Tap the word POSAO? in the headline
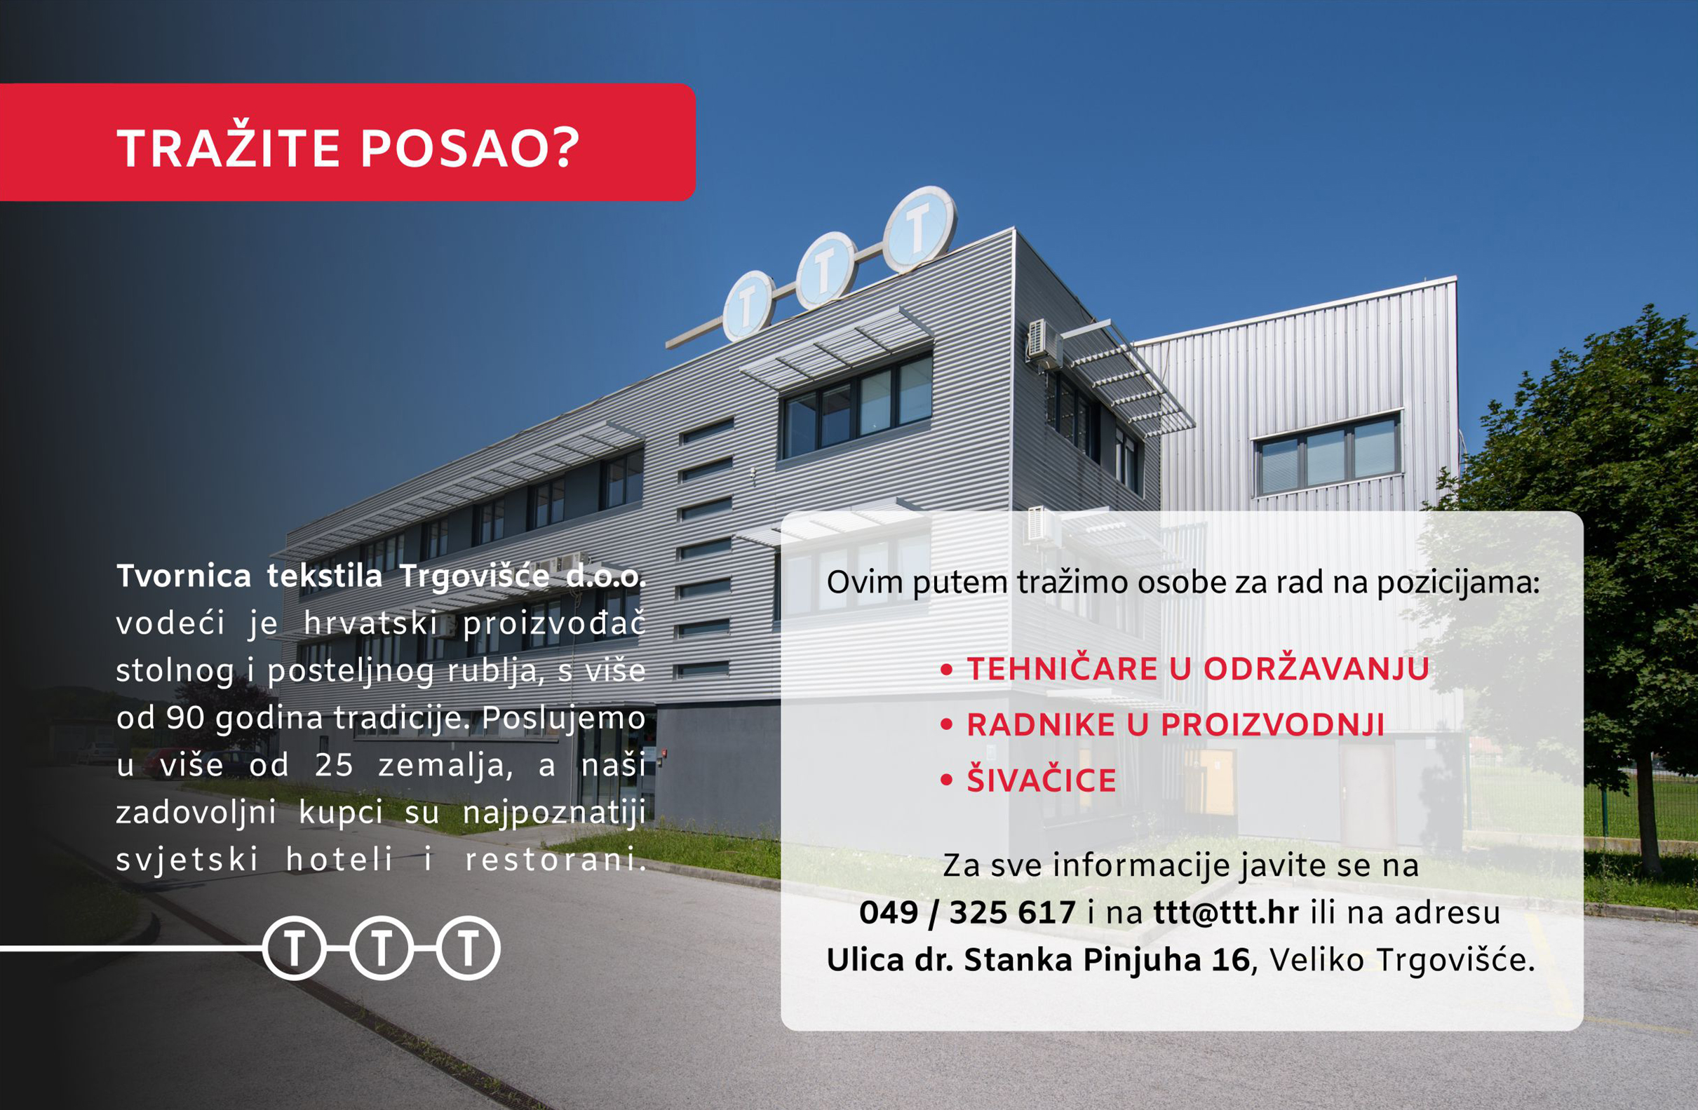pyautogui.click(x=470, y=149)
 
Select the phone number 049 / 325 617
pyautogui.click(x=967, y=912)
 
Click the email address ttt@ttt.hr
pyautogui.click(x=1226, y=912)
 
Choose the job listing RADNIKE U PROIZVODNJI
pyautogui.click(x=1175, y=725)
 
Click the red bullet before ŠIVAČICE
pyautogui.click(x=947, y=780)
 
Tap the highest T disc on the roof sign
pyautogui.click(x=919, y=229)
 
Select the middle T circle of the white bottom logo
pyautogui.click(x=382, y=947)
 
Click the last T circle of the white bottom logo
pyautogui.click(x=468, y=947)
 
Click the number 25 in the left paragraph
pyautogui.click(x=334, y=766)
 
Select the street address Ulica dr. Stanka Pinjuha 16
pyautogui.click(x=1038, y=961)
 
